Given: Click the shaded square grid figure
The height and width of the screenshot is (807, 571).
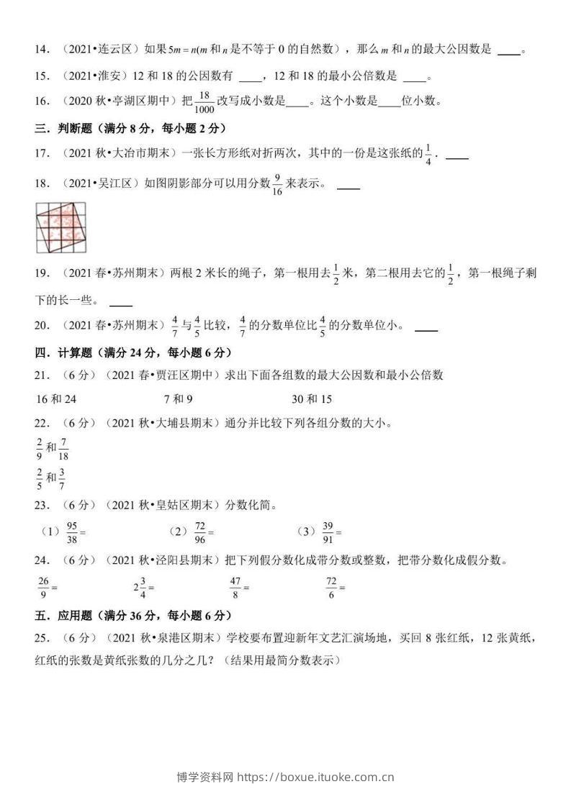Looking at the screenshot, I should pyautogui.click(x=60, y=227).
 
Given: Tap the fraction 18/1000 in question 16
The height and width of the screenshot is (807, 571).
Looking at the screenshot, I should pyautogui.click(x=204, y=101).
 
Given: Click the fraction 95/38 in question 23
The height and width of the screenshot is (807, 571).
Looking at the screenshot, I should pyautogui.click(x=71, y=532).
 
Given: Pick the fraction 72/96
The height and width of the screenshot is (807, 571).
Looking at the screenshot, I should pyautogui.click(x=200, y=532).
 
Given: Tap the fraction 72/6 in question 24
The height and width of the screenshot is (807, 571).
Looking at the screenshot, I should pyautogui.click(x=331, y=587).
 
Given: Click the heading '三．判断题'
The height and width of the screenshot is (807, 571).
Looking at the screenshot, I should pyautogui.click(x=68, y=128).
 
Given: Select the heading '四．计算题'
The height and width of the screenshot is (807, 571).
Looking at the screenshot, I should pyautogui.click(x=68, y=352).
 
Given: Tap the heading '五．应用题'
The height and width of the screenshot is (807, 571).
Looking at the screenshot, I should pyautogui.click(x=68, y=616).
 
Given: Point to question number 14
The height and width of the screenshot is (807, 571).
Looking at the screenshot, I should pyautogui.click(x=42, y=50).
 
